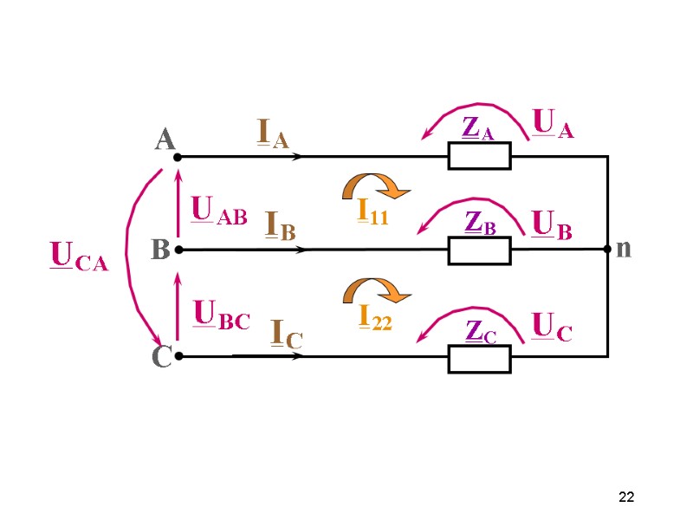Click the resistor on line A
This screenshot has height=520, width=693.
tap(479, 156)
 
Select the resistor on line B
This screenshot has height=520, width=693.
tap(479, 250)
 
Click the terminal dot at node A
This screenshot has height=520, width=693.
tap(177, 158)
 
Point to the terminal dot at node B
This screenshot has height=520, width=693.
tap(177, 250)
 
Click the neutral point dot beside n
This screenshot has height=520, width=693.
tap(607, 250)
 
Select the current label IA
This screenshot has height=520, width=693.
tap(273, 133)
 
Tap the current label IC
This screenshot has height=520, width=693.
tap(287, 334)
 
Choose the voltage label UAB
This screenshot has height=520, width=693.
tap(218, 211)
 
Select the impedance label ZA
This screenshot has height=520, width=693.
tap(478, 128)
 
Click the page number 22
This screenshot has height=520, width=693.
tap(626, 497)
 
